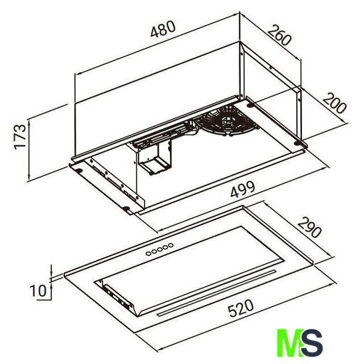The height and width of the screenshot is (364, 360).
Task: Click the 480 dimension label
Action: pyautogui.click(x=163, y=29)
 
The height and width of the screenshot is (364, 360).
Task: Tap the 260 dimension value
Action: pyautogui.click(x=279, y=35)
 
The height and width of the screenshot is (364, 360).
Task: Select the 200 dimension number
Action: pyautogui.click(x=334, y=104)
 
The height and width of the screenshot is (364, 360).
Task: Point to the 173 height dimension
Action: pyautogui.click(x=20, y=137)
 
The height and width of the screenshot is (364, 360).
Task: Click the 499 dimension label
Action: pyautogui.click(x=243, y=189)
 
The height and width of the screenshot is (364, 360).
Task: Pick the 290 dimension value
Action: pyautogui.click(x=309, y=227)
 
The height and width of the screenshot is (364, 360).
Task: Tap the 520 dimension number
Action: pyautogui.click(x=241, y=308)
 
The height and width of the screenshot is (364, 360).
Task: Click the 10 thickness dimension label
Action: pyautogui.click(x=38, y=291)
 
